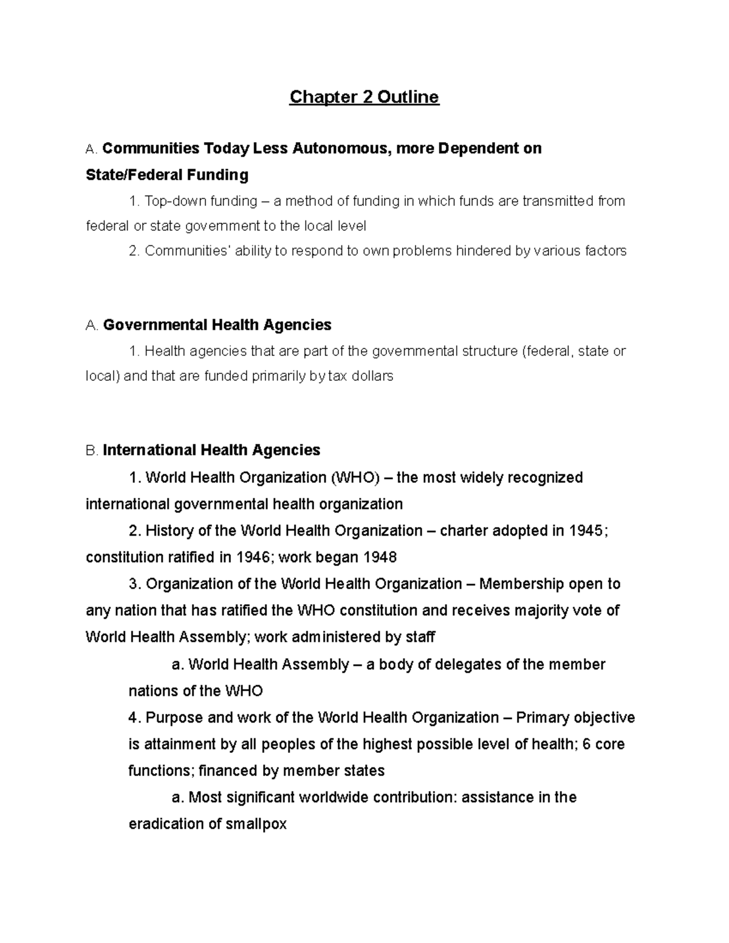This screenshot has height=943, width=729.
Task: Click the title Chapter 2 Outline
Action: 364,97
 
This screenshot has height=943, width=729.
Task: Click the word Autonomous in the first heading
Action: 342,149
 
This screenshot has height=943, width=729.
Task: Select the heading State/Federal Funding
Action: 167,175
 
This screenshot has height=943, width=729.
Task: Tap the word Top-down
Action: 175,201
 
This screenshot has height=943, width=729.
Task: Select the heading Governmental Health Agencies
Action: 217,325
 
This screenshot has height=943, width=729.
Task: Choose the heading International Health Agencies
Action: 211,450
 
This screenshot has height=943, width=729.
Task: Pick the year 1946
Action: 256,557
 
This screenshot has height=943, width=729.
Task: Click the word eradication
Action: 166,824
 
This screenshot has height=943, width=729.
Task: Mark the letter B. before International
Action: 92,451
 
